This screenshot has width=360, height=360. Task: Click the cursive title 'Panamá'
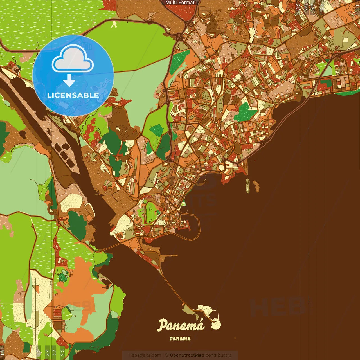coord(181,325)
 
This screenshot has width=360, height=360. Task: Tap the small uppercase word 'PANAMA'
coord(180,339)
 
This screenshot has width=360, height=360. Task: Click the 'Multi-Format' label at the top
coord(180,3)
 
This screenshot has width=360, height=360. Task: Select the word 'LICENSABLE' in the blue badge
coord(73,95)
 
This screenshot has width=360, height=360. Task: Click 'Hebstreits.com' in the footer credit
coord(145,355)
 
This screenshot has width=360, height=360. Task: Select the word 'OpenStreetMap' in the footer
coord(187,355)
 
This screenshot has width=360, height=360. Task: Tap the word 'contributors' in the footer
coord(218,355)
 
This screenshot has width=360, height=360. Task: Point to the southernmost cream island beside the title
coord(217,324)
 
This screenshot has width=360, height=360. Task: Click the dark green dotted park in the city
coord(245,112)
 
